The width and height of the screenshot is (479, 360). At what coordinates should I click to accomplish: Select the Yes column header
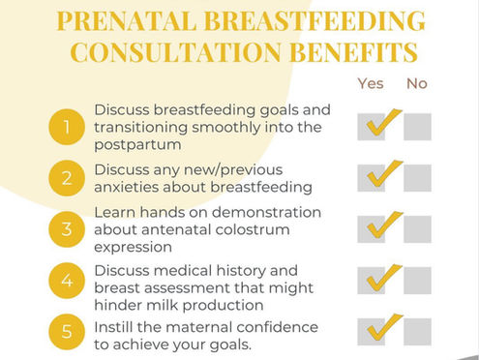[371, 83]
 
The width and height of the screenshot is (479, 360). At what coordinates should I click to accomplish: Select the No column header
[417, 83]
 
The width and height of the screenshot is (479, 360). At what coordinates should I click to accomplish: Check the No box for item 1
[417, 127]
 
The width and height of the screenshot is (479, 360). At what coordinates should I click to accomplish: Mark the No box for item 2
[417, 177]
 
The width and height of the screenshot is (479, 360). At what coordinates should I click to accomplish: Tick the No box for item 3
[417, 229]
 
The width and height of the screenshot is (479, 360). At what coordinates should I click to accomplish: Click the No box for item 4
[417, 280]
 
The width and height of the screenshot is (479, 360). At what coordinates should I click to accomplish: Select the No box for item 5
[417, 329]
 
